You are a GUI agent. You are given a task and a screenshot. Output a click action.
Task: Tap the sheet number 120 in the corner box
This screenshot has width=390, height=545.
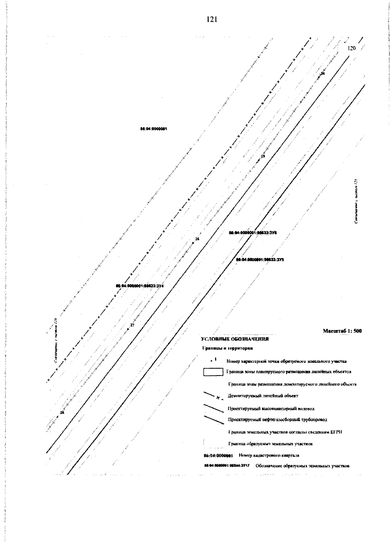tap(352, 48)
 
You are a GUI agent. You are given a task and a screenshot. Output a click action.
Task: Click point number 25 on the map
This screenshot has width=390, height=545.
tap(263, 157)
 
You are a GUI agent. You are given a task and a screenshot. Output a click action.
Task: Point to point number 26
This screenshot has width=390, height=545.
tap(197, 239)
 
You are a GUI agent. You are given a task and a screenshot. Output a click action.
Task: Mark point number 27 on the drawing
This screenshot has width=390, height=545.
tap(132, 325)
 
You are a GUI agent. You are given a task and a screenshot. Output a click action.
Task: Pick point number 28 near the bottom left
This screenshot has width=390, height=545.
tap(62, 412)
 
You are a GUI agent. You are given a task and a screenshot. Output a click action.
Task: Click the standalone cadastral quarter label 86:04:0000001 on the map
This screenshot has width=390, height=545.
tap(154, 129)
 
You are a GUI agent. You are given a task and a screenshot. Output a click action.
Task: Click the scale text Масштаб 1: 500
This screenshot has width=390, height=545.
tap(342, 331)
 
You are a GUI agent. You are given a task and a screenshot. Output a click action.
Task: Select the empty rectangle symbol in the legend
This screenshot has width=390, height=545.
tap(213, 372)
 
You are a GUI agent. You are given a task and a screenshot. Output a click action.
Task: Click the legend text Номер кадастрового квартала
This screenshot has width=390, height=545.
tap(269, 455)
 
